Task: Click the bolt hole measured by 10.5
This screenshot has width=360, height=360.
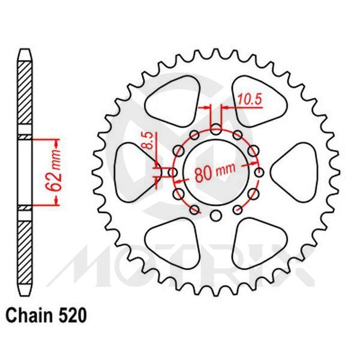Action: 216,127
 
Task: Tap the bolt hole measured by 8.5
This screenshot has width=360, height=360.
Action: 173,173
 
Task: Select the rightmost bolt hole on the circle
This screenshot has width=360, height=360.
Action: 259,173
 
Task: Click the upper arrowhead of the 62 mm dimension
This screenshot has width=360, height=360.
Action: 58,143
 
